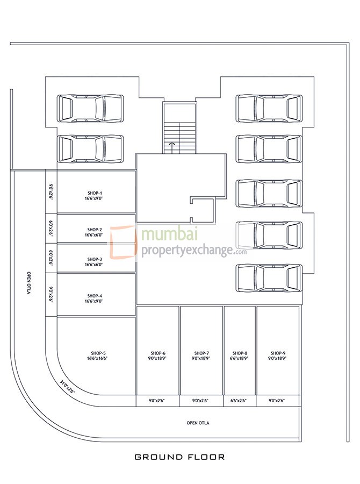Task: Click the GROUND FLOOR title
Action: pyautogui.click(x=179, y=458)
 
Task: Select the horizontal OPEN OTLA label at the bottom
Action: pyautogui.click(x=198, y=423)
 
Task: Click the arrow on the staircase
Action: pyautogui.click(x=172, y=144)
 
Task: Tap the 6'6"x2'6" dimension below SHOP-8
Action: pyautogui.click(x=240, y=401)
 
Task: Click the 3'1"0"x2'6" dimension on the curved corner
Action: pyautogui.click(x=67, y=387)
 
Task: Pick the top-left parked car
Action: pyautogui.click(x=90, y=108)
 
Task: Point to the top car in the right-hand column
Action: pyautogui.click(x=268, y=108)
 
